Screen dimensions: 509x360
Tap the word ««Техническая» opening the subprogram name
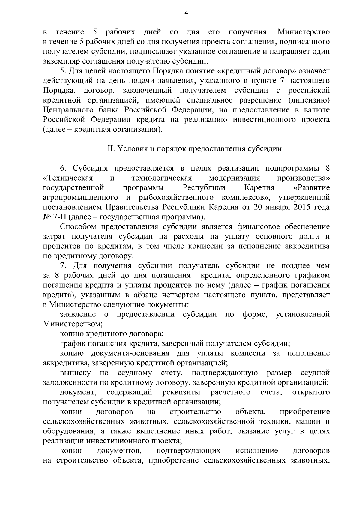68,178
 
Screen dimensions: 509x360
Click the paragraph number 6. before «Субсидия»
63,168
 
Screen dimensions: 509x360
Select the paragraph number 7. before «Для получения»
63,266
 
